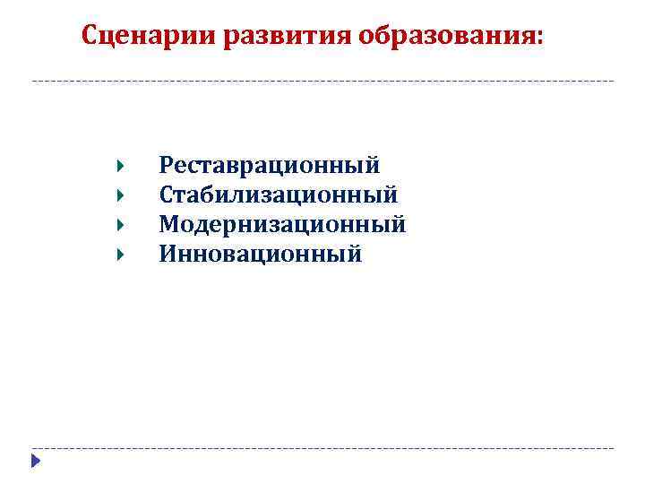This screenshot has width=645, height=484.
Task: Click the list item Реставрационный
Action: [269, 166]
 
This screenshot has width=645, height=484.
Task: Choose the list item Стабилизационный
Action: [279, 194]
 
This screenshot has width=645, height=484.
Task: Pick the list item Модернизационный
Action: [282, 224]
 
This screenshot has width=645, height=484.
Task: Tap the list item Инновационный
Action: [261, 254]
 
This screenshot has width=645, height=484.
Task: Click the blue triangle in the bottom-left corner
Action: [34, 462]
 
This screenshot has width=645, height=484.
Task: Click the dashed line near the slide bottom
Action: [322, 447]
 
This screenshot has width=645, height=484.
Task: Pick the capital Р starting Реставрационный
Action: [166, 166]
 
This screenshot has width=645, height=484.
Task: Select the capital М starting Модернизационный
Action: [168, 224]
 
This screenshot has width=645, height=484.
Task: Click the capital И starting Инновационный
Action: [168, 254]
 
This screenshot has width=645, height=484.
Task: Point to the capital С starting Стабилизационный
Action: [166, 194]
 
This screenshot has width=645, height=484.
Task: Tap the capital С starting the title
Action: [90, 36]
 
